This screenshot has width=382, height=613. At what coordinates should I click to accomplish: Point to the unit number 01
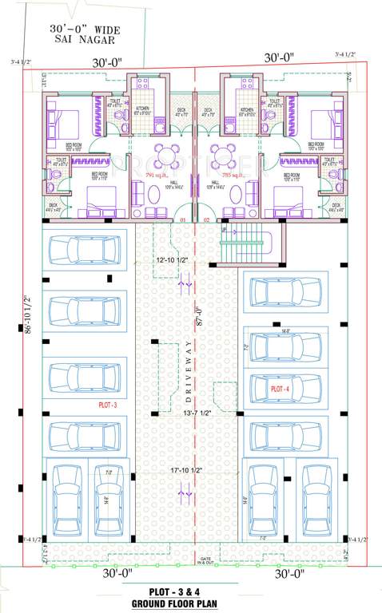(x=183, y=219)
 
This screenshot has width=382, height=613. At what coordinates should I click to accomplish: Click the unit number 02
(x=205, y=219)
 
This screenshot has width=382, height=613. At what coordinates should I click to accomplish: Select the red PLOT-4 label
(x=281, y=388)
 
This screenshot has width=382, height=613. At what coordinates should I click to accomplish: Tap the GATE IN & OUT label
(x=207, y=561)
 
